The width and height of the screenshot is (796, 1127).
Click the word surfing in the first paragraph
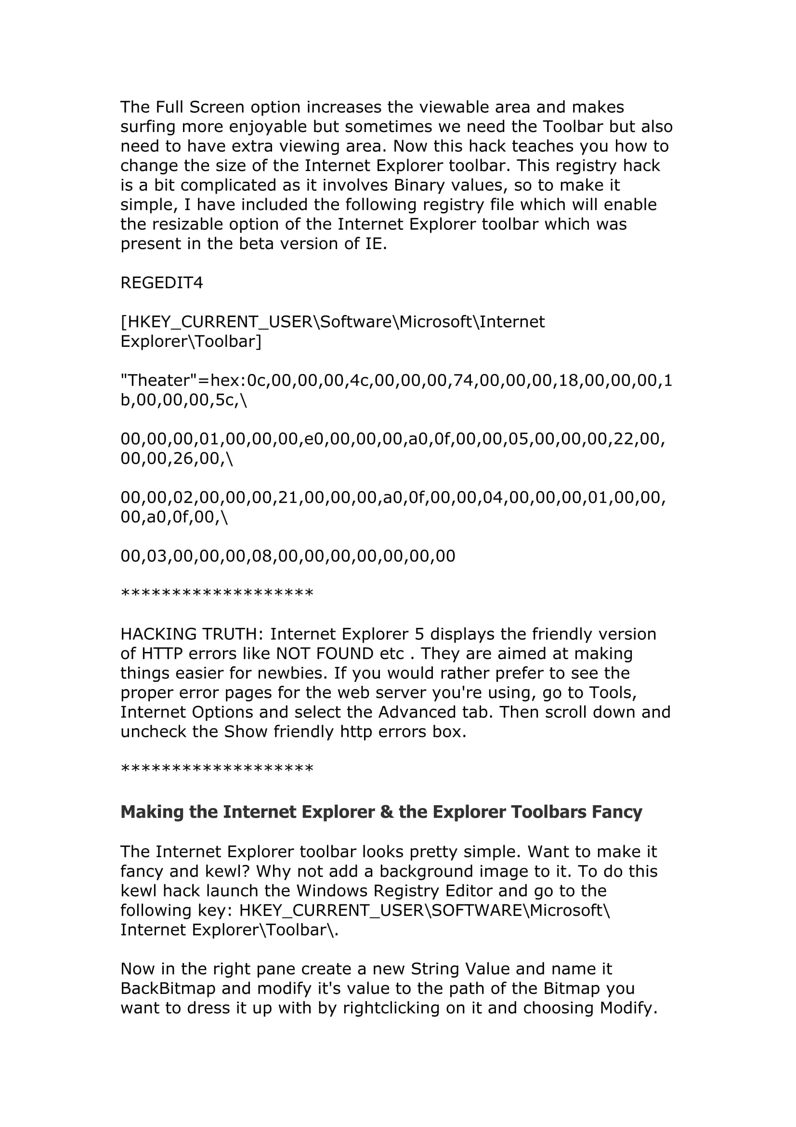coord(149,127)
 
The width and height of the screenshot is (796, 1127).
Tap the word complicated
coord(229,186)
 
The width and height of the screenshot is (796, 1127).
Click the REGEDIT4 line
coord(161,283)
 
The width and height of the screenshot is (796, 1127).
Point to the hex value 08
coord(262,556)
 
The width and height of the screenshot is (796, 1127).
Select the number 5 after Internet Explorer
coord(419,634)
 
